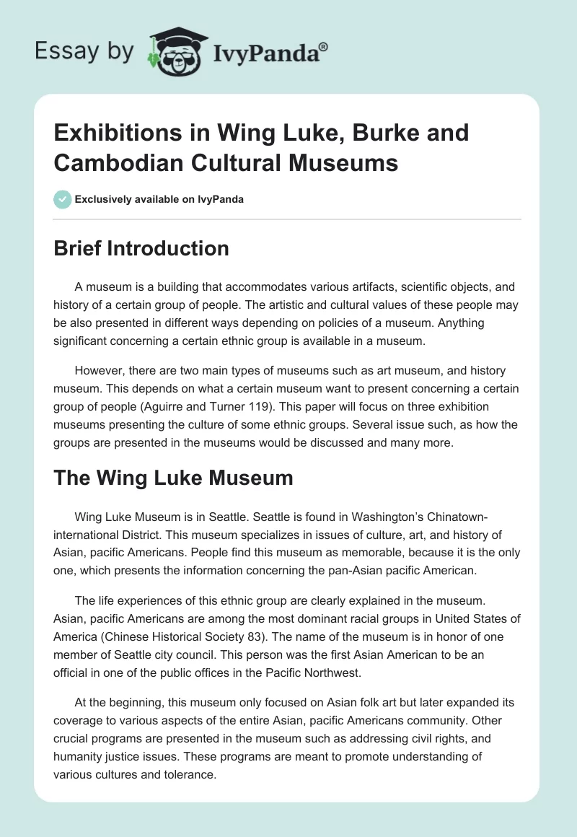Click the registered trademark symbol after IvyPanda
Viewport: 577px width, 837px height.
coord(324,47)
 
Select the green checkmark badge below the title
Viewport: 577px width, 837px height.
coord(63,199)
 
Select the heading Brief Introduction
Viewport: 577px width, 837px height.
coord(141,248)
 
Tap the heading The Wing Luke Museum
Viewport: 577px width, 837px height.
coord(173,478)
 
